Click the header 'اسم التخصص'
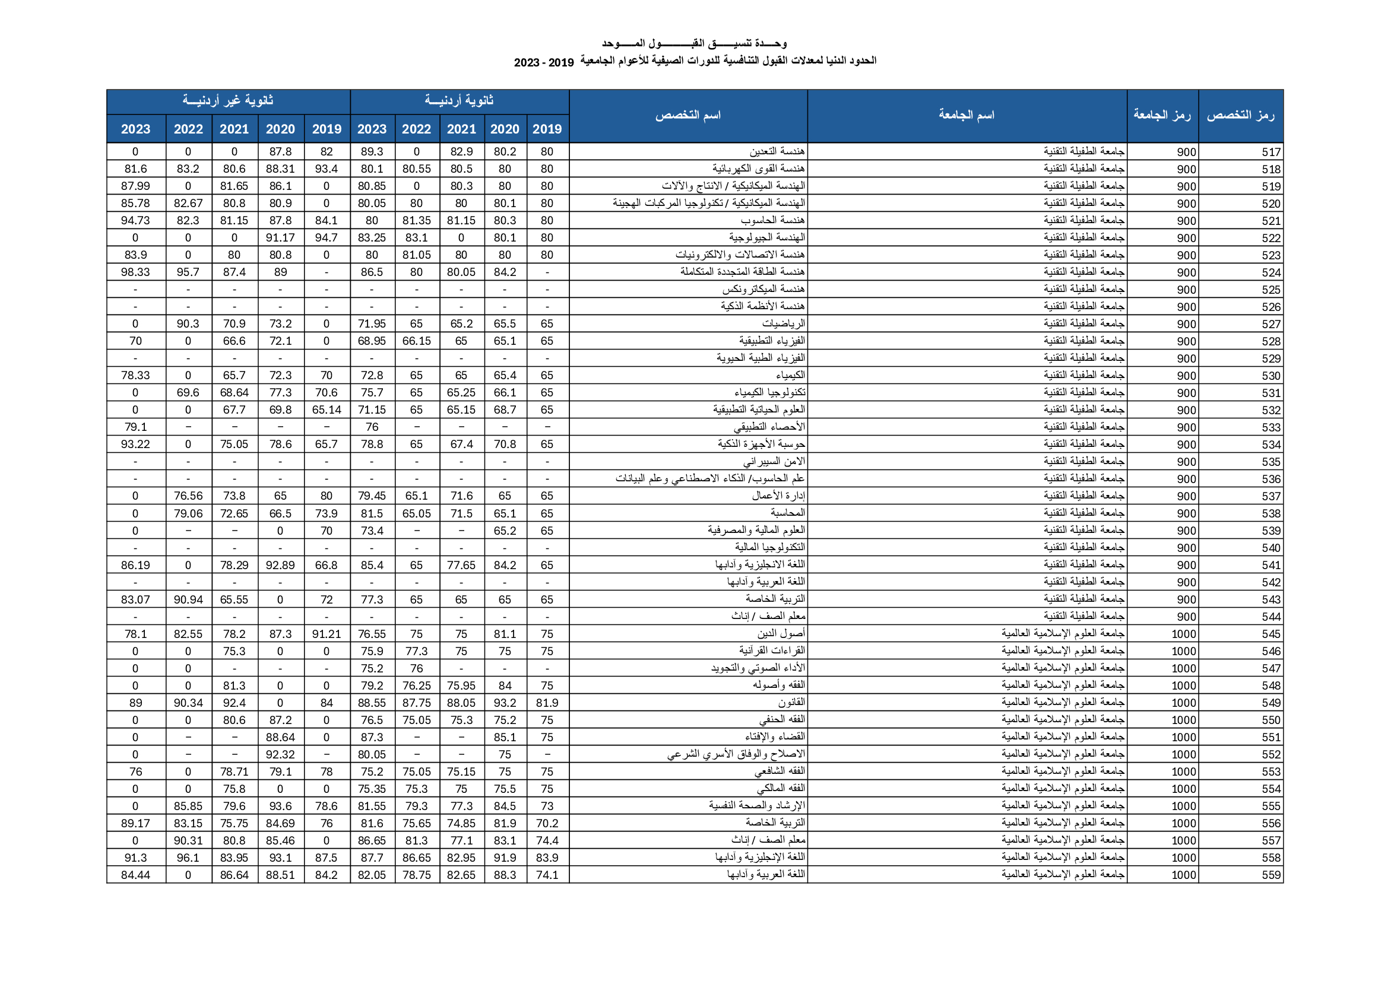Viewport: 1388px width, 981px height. coord(688,116)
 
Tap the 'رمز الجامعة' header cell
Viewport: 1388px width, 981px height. coord(1161,116)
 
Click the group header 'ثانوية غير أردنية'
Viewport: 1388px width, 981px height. coord(228,101)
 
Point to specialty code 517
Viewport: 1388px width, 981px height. coord(1270,153)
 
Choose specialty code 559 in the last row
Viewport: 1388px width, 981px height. coord(1270,875)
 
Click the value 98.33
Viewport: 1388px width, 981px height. coord(135,272)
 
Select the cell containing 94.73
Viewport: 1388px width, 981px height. coord(135,221)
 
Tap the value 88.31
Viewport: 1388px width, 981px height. coord(280,169)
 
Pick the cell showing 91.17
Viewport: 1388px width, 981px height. coord(280,237)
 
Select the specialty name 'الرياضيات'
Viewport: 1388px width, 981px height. coord(784,323)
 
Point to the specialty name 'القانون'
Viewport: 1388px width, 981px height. coord(791,702)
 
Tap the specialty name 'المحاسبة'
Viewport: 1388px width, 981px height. coord(788,513)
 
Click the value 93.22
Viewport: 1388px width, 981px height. coord(135,445)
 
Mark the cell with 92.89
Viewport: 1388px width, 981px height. coord(280,565)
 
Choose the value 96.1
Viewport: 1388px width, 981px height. coord(188,858)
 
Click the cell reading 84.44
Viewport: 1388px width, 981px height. coord(135,875)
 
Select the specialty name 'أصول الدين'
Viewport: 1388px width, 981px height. coord(781,633)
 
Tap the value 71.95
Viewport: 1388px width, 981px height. coord(372,324)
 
